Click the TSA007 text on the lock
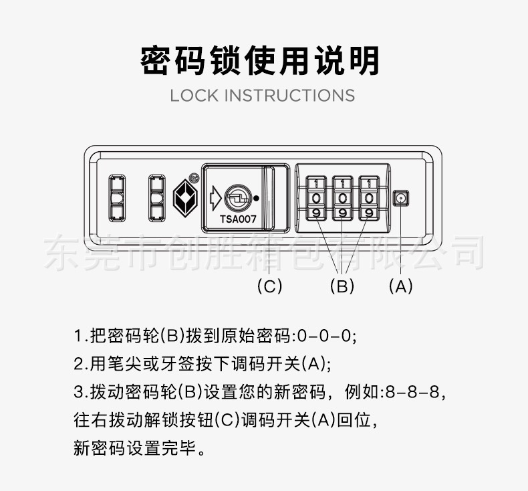click(x=238, y=219)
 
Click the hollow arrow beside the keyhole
click(x=215, y=198)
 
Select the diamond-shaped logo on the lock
click(x=185, y=198)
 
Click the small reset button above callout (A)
click(x=401, y=198)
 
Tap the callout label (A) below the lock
click(x=400, y=286)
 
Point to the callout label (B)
click(x=342, y=286)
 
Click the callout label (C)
click(x=269, y=286)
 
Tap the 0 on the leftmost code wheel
click(x=316, y=199)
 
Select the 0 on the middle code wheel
click(x=342, y=199)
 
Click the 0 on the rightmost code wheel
click(x=369, y=199)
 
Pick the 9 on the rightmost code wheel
click(x=369, y=213)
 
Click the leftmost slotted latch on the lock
click(x=117, y=198)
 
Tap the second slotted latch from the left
click(x=157, y=198)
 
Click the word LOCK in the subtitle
click(x=194, y=96)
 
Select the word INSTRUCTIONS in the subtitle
click(x=289, y=96)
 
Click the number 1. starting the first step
click(x=81, y=336)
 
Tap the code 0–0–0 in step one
click(x=325, y=336)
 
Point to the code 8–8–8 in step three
click(x=412, y=392)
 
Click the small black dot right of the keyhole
click(x=256, y=199)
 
